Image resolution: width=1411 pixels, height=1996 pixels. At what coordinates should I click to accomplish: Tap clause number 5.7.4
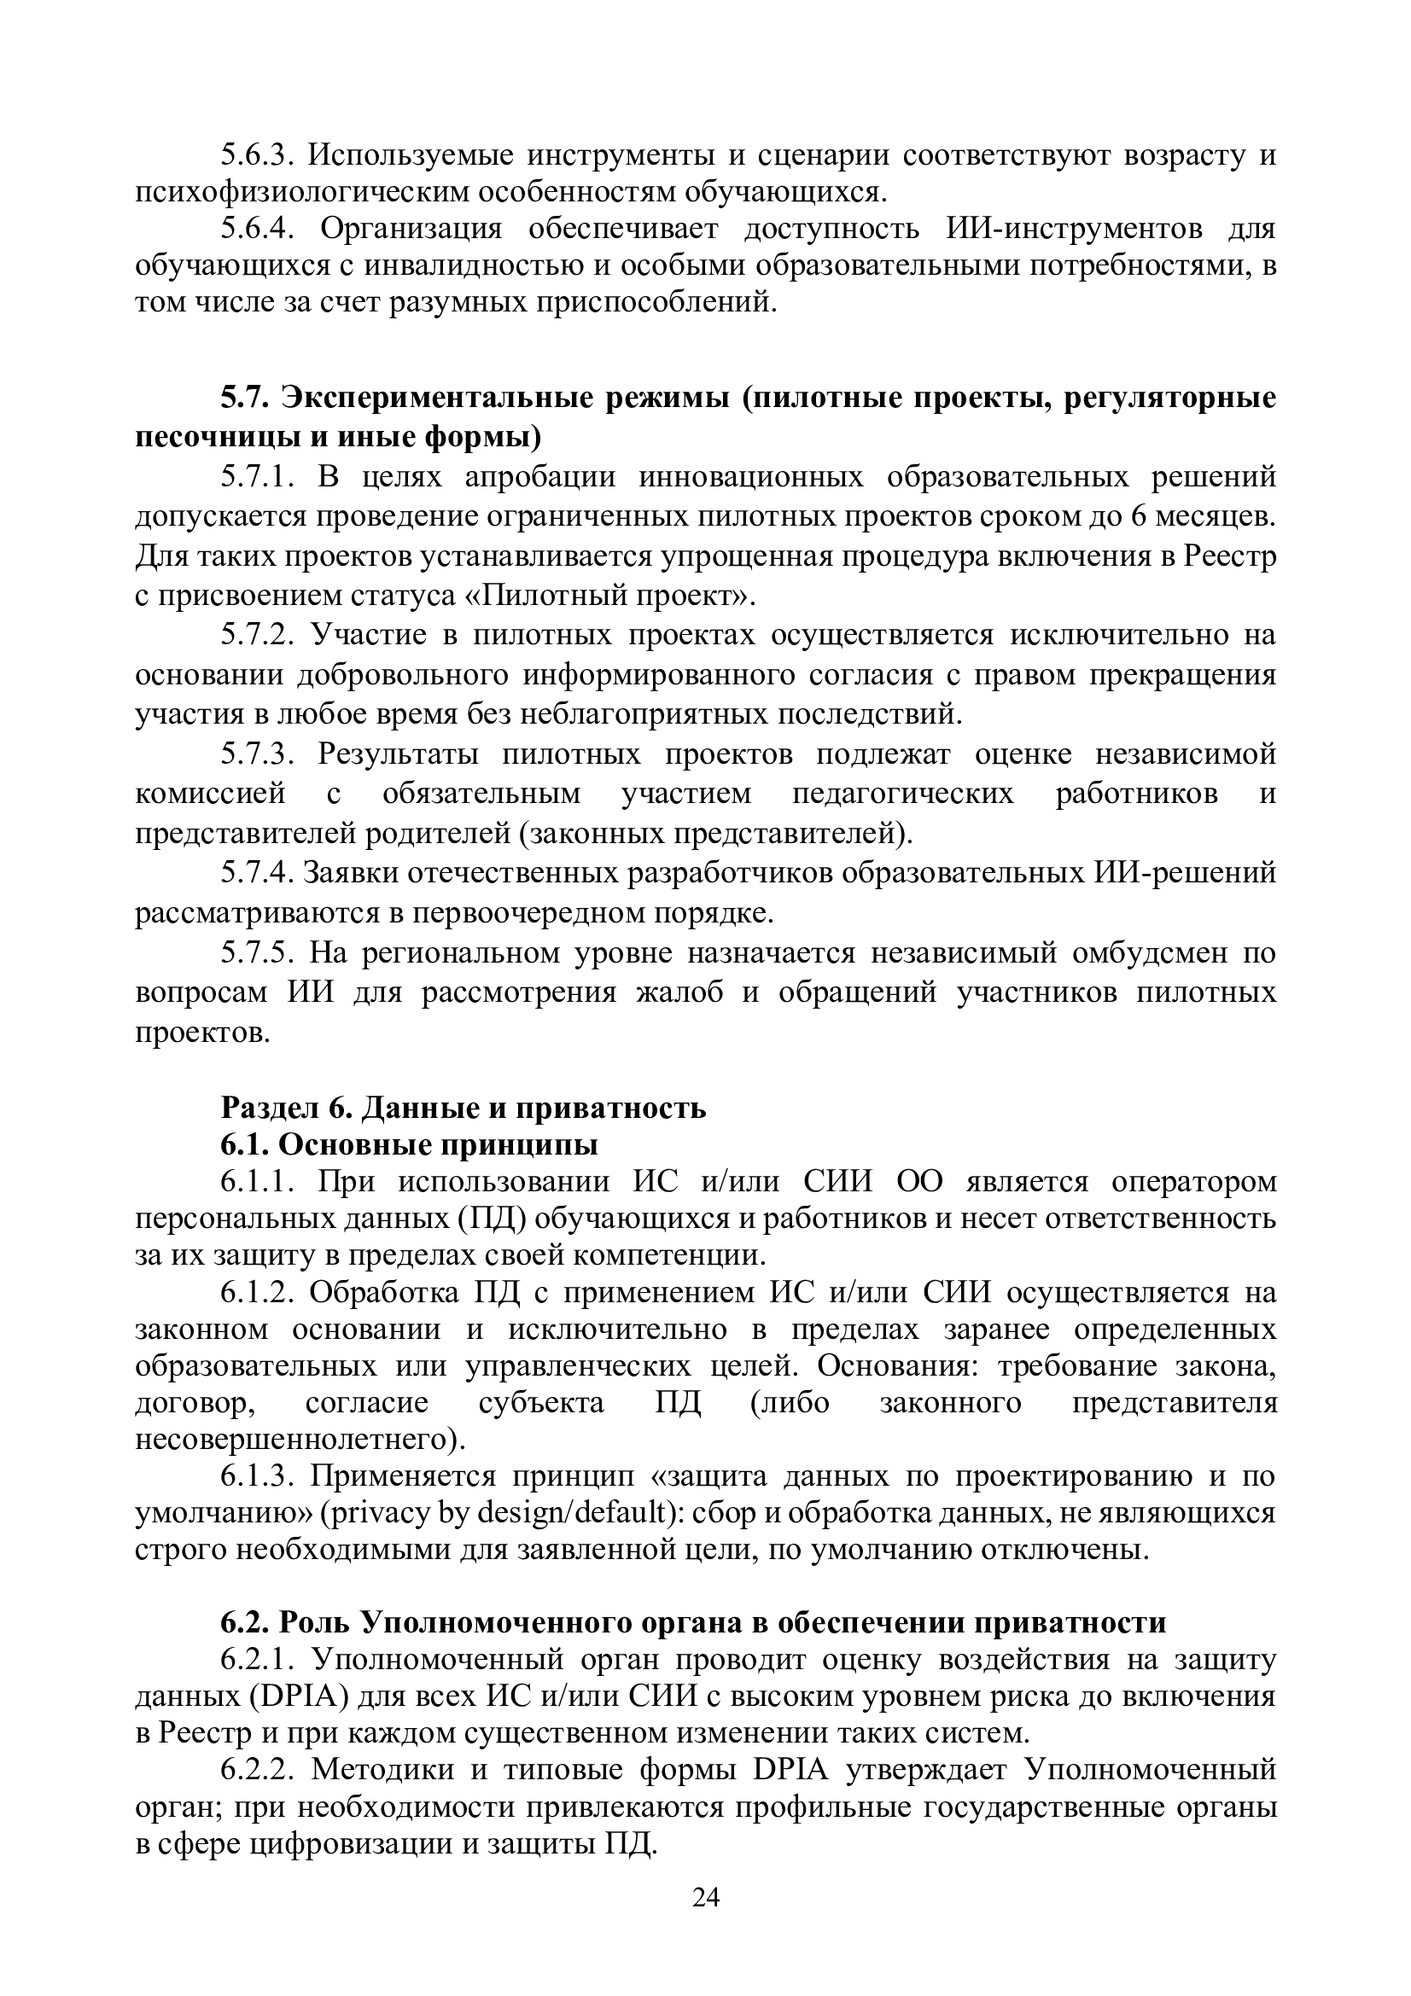point(255,873)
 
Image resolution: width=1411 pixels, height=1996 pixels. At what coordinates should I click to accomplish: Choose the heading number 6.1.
point(244,1145)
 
